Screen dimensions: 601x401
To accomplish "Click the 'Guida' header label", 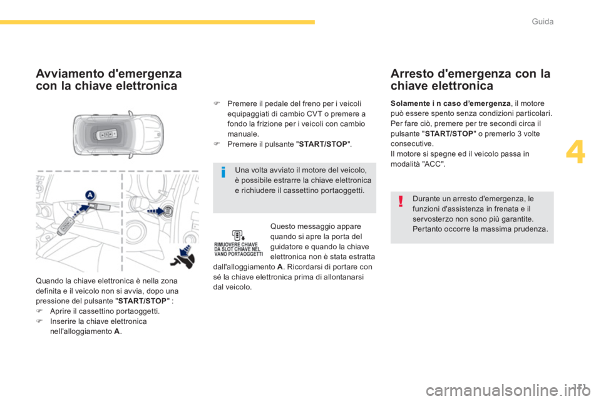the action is pos(542,21).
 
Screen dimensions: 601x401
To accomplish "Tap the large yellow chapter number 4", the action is pos(575,152).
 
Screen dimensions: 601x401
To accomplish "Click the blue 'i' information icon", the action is pos(223,172).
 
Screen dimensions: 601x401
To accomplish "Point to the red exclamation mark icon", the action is pos(401,201).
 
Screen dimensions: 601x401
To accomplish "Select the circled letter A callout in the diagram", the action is pos(90,195).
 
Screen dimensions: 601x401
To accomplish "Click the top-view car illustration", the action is pos(118,134).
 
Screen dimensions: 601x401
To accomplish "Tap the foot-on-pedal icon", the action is pos(183,256).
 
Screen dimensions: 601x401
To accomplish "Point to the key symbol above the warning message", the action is pos(239,235).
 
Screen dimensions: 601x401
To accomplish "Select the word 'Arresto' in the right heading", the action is pos(412,73).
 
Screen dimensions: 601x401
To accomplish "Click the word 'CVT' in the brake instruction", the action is pos(314,113).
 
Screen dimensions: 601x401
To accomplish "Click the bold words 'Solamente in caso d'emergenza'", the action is pos(450,103).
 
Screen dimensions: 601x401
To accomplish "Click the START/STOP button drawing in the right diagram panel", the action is pos(168,211).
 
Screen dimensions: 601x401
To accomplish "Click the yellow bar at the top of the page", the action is pos(157,22).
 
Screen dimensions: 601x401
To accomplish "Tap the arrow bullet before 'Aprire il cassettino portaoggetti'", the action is pos(39,311).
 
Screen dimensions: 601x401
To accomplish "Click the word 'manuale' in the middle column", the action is pos(242,134).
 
